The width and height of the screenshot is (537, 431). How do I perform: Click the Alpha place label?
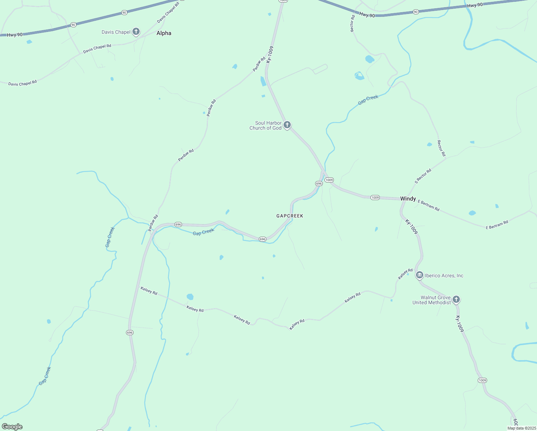click(x=164, y=33)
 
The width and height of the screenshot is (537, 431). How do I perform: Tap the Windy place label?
click(x=408, y=199)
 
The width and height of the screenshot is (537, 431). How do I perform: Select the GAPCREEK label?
click(x=290, y=216)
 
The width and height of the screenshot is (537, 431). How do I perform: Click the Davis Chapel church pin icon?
click(x=136, y=32)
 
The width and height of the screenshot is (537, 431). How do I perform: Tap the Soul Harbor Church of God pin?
click(x=287, y=125)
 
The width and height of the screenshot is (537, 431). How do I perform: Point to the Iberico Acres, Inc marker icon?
click(x=419, y=275)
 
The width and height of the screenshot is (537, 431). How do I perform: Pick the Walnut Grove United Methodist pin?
click(x=456, y=299)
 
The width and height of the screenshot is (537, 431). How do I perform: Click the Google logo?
click(x=12, y=427)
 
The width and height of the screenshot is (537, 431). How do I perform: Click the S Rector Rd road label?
click(x=423, y=176)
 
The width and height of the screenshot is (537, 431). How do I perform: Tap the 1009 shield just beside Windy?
click(x=375, y=198)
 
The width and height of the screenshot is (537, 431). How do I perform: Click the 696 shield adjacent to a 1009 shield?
click(x=319, y=184)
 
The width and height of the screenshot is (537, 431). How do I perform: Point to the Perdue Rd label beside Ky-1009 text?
click(x=259, y=64)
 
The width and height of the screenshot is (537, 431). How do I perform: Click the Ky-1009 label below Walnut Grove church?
click(x=459, y=324)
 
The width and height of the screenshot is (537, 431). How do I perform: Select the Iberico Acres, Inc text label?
click(x=444, y=276)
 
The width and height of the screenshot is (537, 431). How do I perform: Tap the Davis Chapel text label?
click(x=116, y=32)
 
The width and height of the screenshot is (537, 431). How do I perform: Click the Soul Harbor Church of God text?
click(x=266, y=125)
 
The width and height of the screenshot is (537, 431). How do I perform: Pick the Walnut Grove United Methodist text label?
click(x=431, y=300)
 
